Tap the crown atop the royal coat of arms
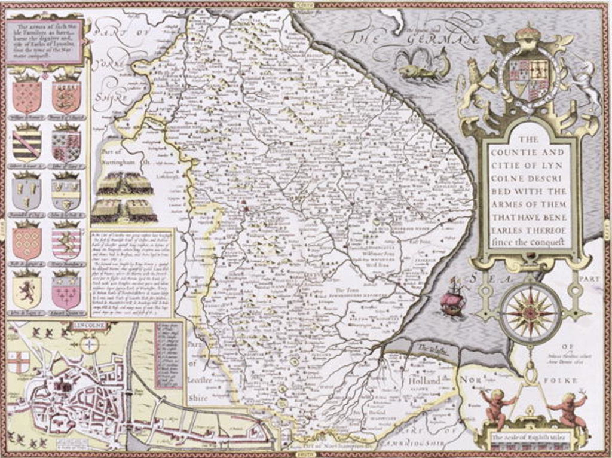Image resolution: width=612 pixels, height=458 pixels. click(528, 33)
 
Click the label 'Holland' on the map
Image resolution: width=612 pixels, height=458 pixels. click(424, 381)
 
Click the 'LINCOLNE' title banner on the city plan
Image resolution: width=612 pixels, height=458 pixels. click(90, 326)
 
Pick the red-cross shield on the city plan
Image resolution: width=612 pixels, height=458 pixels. click(18, 362)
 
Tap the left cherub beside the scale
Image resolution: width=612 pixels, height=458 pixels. click(495, 406)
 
